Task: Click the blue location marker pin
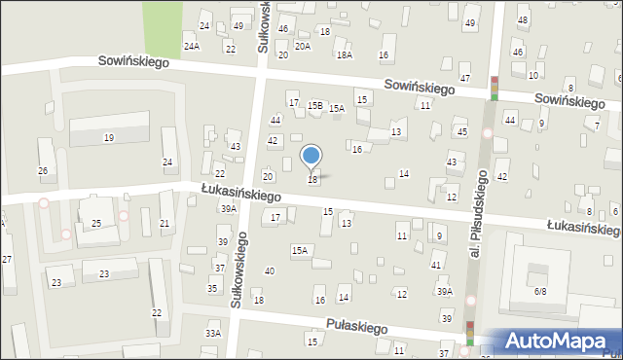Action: point(311,157)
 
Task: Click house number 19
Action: point(109,138)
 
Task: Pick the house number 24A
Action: point(192,46)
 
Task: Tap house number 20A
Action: point(303,46)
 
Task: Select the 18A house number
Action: point(344,55)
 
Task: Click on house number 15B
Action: point(314,105)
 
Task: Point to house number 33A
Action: point(212,333)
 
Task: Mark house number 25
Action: point(96,224)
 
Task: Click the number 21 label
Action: point(165,224)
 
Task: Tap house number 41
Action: point(436,266)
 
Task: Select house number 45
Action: point(461,131)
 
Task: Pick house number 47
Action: point(465,78)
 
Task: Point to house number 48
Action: point(523,20)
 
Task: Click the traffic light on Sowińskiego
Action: point(495,89)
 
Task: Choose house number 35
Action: point(212,289)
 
